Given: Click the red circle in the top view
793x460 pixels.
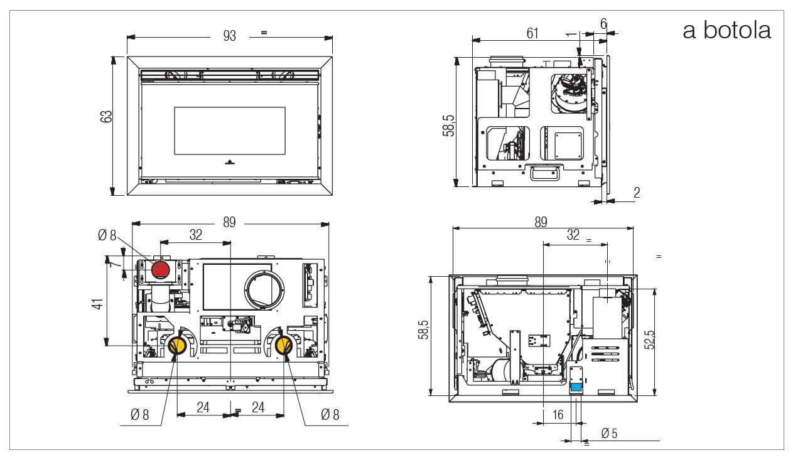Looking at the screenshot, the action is pos(160,270).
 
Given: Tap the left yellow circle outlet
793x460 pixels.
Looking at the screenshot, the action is pos(177,345).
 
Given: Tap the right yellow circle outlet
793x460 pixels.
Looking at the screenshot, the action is pos(284,345).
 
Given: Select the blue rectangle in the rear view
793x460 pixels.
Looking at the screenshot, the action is pos(576,387).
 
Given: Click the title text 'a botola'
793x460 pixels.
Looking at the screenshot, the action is pos(726,30).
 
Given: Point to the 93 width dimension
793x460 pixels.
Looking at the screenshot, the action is pos(229,36).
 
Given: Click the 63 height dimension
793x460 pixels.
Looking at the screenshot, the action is pos(106,117).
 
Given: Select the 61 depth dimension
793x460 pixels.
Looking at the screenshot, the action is pos(532,33).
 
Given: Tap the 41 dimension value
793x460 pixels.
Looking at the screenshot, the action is pos(98,304).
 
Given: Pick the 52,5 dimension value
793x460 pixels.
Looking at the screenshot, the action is pos(650,340).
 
